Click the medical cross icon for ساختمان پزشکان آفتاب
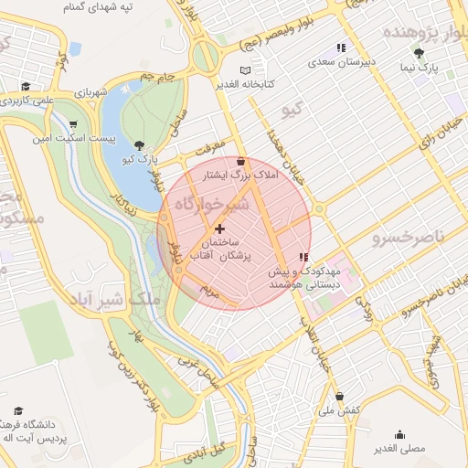pyautogui.click(x=219, y=228)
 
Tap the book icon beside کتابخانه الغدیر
pyautogui.click(x=243, y=70)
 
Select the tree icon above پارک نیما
pyautogui.click(x=419, y=53)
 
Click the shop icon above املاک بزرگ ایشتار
pyautogui.click(x=240, y=161)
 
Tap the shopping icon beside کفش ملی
pyautogui.click(x=340, y=397)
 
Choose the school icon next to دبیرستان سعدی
pyautogui.click(x=340, y=48)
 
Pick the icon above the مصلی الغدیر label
pyautogui.click(x=399, y=435)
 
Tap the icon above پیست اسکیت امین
pyautogui.click(x=73, y=125)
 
